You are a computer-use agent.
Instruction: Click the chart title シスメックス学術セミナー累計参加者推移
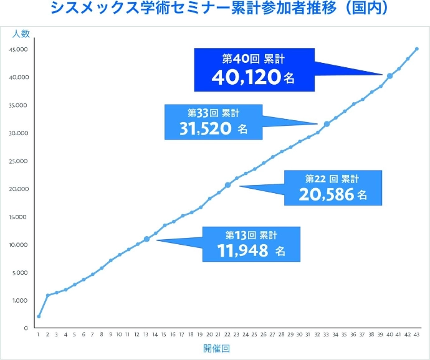pyautogui.click(x=215, y=8)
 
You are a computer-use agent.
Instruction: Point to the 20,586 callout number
pyautogui.click(x=325, y=194)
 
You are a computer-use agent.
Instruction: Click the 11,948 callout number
pyautogui.click(x=243, y=250)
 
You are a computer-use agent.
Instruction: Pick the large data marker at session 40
pyautogui.click(x=390, y=76)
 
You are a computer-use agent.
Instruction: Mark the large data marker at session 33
pyautogui.click(x=327, y=124)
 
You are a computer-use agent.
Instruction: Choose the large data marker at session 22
pyautogui.click(x=227, y=185)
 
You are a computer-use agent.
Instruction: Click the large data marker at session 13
pyautogui.click(x=146, y=239)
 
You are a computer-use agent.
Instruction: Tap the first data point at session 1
pyautogui.click(x=39, y=316)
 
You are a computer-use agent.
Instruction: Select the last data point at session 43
pyautogui.click(x=417, y=49)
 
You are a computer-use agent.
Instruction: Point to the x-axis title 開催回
pyautogui.click(x=216, y=349)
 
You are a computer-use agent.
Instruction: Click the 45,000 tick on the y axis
pyautogui.click(x=19, y=49)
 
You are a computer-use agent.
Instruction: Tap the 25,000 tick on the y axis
pyautogui.click(x=19, y=161)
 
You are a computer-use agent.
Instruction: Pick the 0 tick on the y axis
pyautogui.click(x=26, y=328)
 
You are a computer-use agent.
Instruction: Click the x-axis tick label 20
pyautogui.click(x=209, y=334)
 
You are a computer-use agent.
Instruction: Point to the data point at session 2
pyautogui.click(x=47, y=295)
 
